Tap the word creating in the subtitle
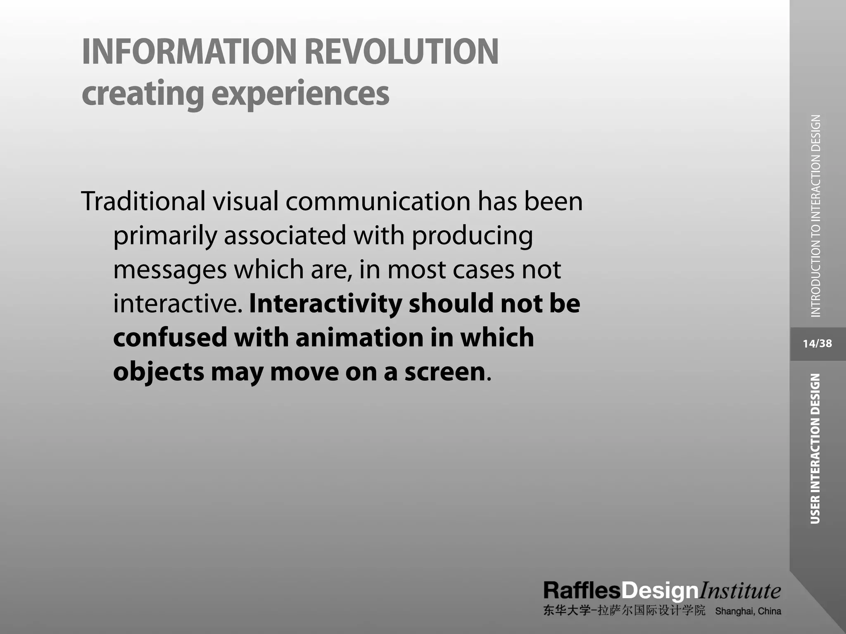pos(143,94)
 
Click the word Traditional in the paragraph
pos(143,201)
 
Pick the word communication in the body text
pos(378,201)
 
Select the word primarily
pos(165,236)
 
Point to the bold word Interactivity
pos(326,304)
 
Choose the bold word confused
pos(170,337)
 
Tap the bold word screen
pos(444,372)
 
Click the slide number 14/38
pos(817,343)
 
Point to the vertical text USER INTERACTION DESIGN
pos(815,449)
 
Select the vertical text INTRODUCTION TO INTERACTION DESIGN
pos(815,216)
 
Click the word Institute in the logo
pos(739,591)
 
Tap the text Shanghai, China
pos(748,611)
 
